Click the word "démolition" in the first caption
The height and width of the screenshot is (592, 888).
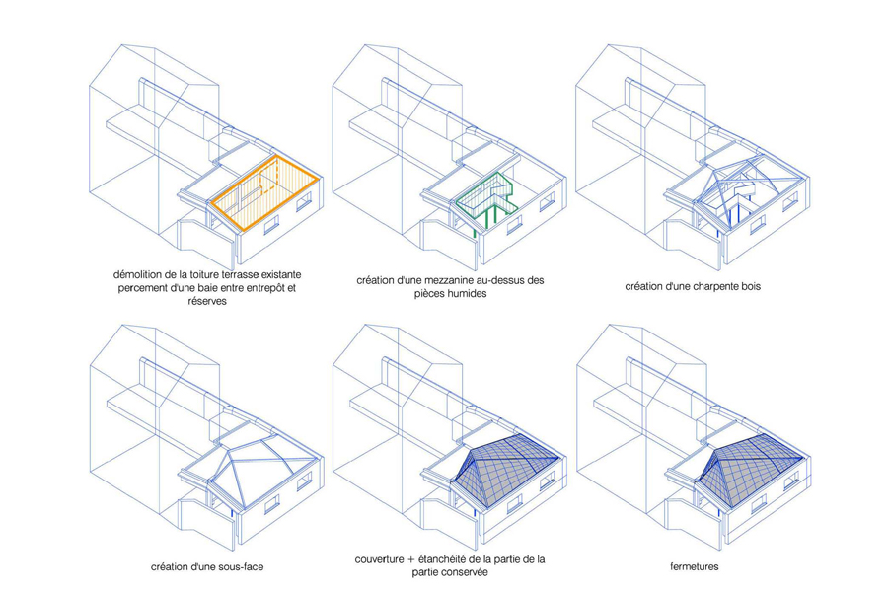point(135,274)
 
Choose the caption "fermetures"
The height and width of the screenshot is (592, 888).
point(695,566)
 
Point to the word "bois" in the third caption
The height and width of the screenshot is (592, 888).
point(750,287)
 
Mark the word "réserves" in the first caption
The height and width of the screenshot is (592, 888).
point(207,301)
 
